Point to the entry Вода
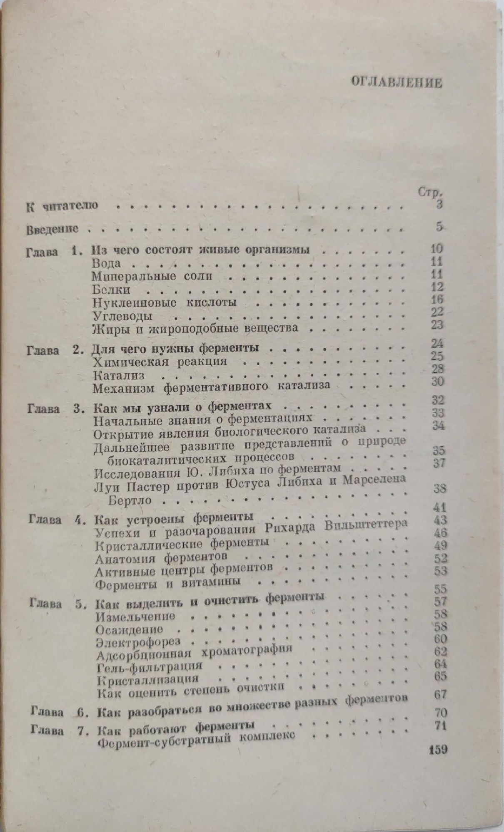[106, 263]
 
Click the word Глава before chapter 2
[42, 350]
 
